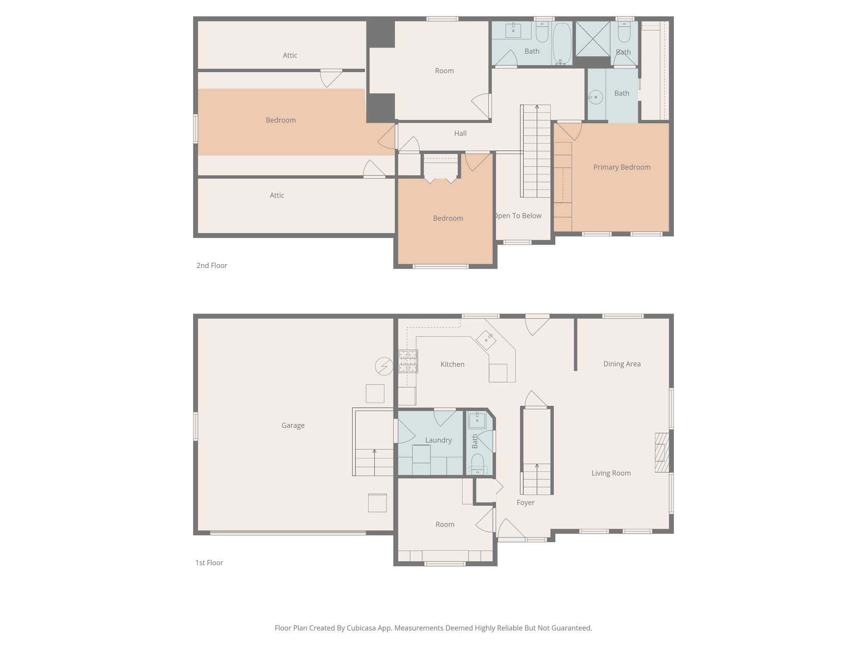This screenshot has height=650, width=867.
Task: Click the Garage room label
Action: [x=293, y=425]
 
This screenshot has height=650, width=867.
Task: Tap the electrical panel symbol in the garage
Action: [x=384, y=366]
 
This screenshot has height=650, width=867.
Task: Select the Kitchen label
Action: [x=452, y=364]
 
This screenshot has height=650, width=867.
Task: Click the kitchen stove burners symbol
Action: [x=408, y=361]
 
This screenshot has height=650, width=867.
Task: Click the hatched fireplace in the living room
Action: [x=662, y=452]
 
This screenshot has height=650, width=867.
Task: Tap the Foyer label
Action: [x=525, y=503]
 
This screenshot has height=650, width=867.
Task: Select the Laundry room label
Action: [x=438, y=440]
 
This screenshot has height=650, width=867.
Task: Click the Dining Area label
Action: [x=621, y=364]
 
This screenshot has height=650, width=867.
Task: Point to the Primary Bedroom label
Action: [x=621, y=167]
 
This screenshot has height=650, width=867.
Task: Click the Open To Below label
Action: [x=518, y=216]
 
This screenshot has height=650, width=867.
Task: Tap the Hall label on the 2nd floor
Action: [x=460, y=133]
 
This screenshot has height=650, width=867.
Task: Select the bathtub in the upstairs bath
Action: [x=562, y=44]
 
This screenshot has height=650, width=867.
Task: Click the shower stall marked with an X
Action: [x=593, y=39]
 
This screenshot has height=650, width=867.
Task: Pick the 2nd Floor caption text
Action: [x=212, y=265]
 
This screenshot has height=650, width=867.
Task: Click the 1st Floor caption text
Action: [x=209, y=562]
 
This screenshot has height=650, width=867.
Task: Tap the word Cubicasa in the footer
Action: [x=362, y=628]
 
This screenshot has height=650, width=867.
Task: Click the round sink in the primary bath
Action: [x=596, y=97]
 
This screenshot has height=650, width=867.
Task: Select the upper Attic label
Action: [x=290, y=55]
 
